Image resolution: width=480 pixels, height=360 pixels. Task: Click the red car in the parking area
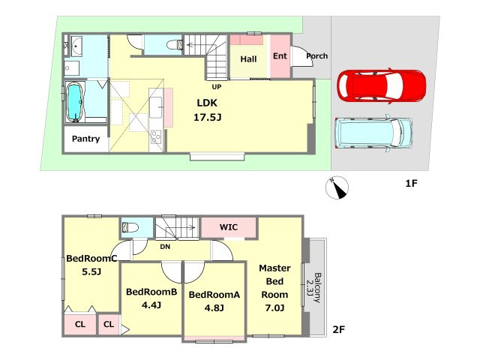point(382,85)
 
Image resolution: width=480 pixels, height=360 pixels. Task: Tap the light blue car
point(373,133)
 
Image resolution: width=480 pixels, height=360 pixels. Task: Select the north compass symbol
point(337,187)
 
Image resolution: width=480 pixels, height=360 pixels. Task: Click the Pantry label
point(85,139)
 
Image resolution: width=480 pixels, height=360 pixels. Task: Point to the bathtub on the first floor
point(75,102)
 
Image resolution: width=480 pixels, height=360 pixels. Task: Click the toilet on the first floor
point(175,45)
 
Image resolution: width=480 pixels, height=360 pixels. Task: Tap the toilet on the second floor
point(130,227)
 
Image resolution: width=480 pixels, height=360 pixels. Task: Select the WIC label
point(228,227)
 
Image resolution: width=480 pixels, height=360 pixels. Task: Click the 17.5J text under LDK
point(207,117)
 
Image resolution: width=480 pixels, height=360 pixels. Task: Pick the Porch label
point(316,56)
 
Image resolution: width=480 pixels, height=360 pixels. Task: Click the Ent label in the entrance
point(280,56)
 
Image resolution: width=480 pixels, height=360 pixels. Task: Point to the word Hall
point(248,59)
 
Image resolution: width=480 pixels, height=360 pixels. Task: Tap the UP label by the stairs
point(217,87)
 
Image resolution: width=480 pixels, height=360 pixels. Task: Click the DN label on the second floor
point(165,247)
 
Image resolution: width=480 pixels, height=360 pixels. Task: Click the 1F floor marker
point(412,183)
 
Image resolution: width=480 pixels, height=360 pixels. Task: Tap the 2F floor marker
point(338,330)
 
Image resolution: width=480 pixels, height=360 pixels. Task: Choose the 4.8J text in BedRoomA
point(214,307)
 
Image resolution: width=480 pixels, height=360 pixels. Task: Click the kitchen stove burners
point(156,136)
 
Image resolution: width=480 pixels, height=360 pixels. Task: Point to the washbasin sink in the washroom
point(76,46)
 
